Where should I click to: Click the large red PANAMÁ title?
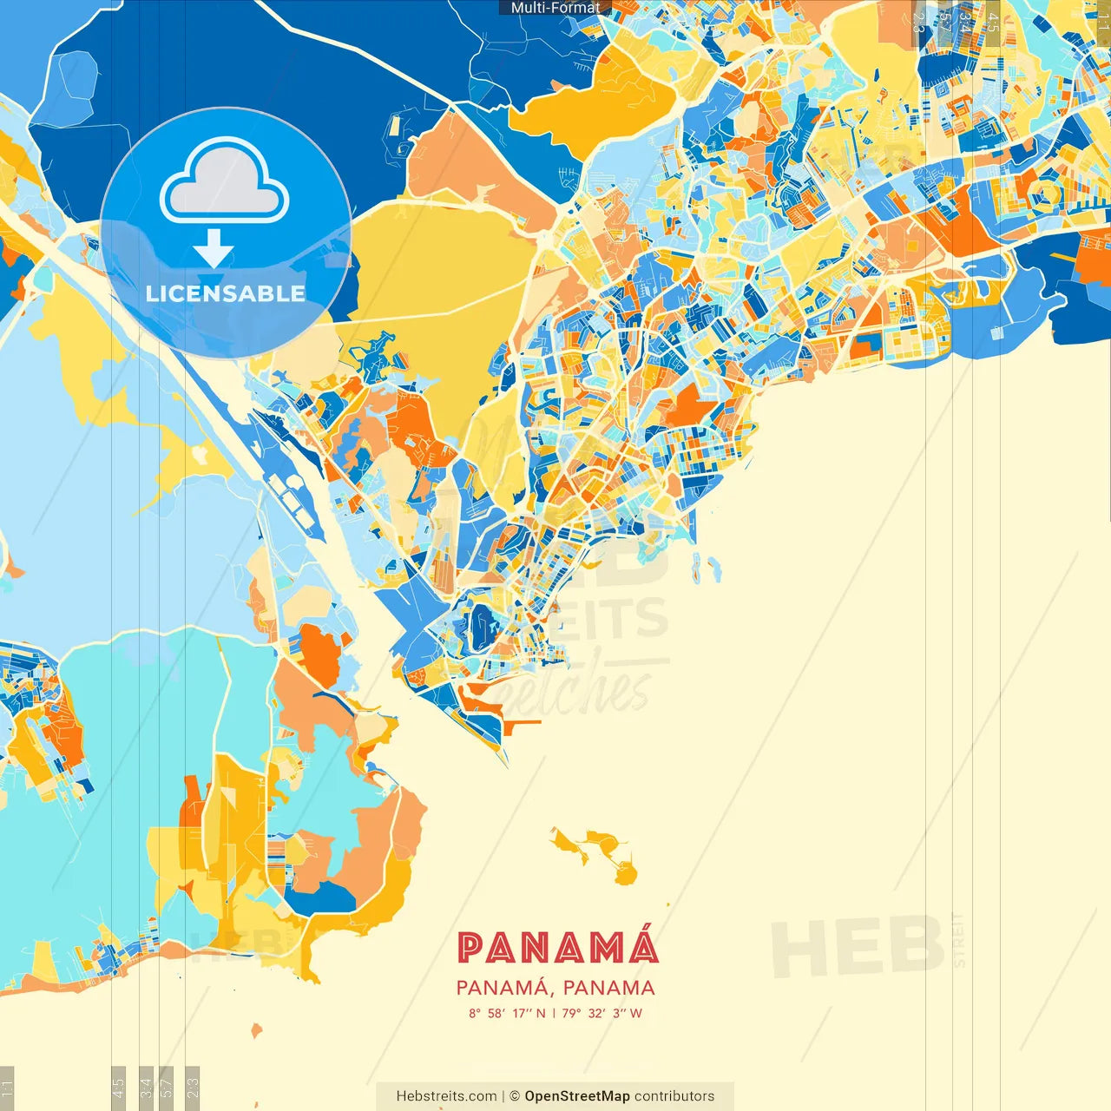click(x=557, y=948)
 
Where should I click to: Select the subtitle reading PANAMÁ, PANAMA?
click(x=555, y=988)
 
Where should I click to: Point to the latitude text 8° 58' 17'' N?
click(x=507, y=1013)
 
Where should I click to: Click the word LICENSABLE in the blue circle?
click(x=226, y=293)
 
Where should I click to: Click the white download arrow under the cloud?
click(x=214, y=250)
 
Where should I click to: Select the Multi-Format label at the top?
click(x=555, y=8)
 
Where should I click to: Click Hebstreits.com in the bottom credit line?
click(x=446, y=1096)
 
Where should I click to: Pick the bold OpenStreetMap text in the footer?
click(x=577, y=1096)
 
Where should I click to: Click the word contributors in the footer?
click(x=674, y=1096)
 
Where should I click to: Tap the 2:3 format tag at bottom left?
click(x=193, y=1087)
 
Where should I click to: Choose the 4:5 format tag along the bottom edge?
click(x=118, y=1087)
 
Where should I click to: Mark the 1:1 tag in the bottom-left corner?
click(x=7, y=1087)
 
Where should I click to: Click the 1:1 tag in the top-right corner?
click(x=1102, y=19)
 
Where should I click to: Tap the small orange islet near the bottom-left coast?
click(x=256, y=1030)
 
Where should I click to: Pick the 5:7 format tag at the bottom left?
click(x=167, y=1087)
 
